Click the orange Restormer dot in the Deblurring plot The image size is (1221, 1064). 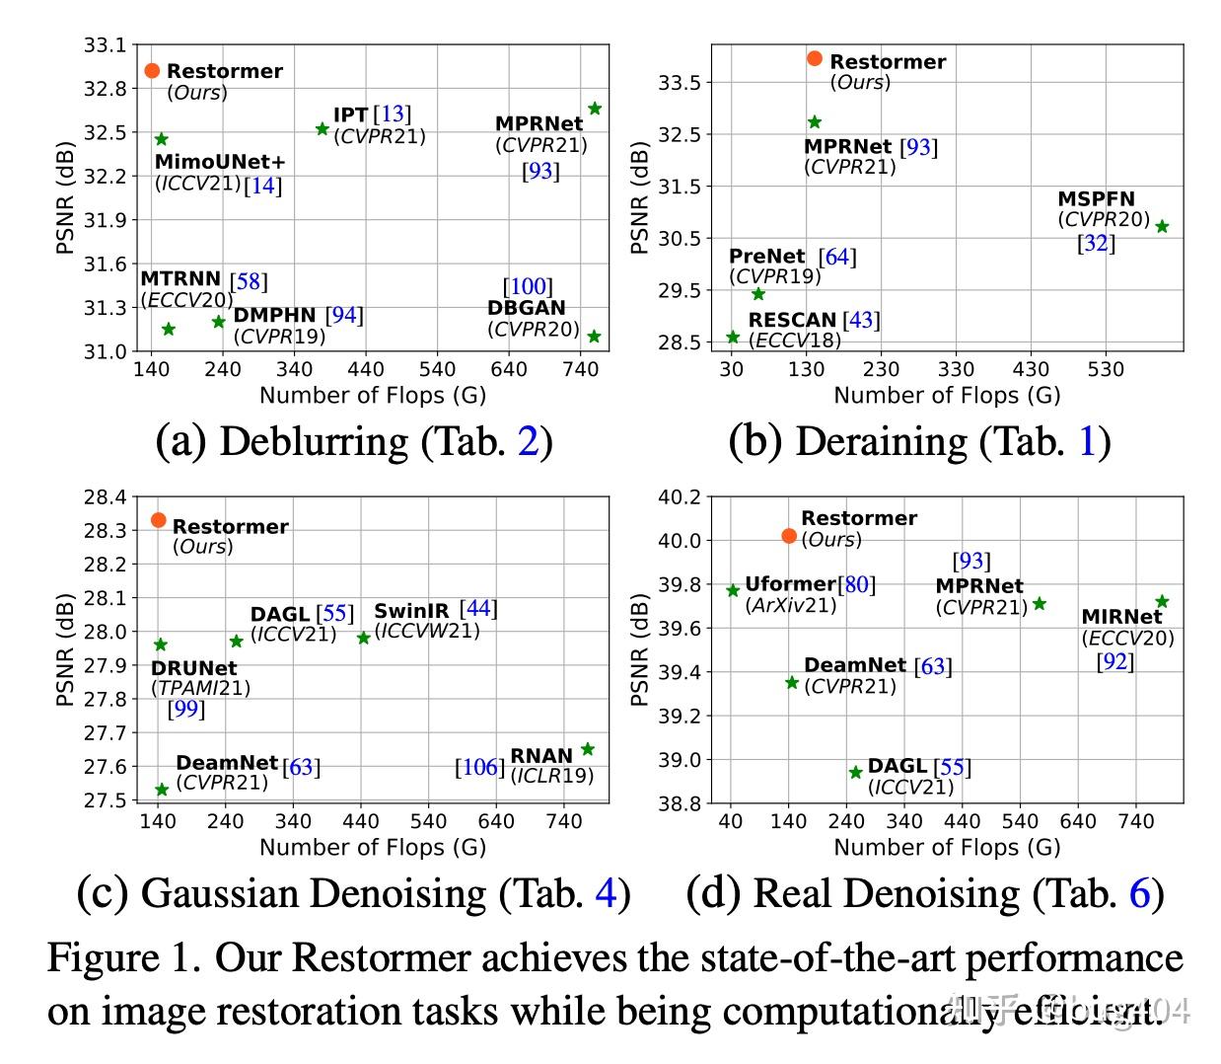(x=152, y=70)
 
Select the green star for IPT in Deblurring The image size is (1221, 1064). (x=322, y=128)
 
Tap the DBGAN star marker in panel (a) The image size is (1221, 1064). (x=594, y=337)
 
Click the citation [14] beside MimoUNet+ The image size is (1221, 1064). (x=263, y=185)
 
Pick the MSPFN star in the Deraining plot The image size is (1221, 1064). (x=1162, y=226)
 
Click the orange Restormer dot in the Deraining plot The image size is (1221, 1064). (x=815, y=58)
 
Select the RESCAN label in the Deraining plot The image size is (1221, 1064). (x=792, y=320)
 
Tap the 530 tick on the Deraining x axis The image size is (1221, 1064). (x=1106, y=369)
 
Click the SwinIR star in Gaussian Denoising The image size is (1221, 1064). (x=363, y=638)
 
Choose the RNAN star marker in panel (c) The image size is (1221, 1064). (x=588, y=749)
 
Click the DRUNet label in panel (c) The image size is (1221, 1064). (x=194, y=668)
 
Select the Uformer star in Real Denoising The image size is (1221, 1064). (x=733, y=590)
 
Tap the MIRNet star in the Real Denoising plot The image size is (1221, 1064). (x=1162, y=601)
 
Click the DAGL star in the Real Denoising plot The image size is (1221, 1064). (x=855, y=772)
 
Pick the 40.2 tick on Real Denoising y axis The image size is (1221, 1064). (x=680, y=497)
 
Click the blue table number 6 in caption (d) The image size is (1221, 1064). (x=1139, y=893)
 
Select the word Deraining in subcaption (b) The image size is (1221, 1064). (x=868, y=441)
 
